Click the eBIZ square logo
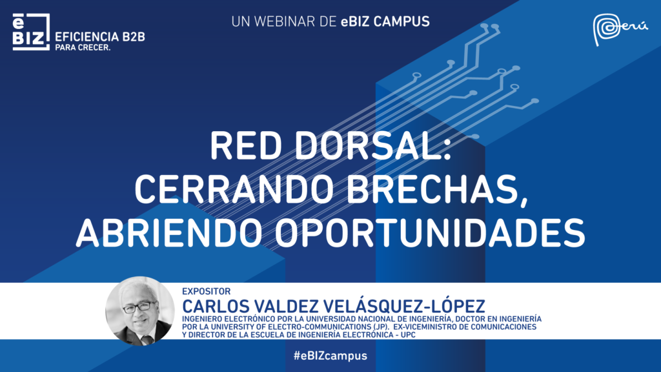point(31,32)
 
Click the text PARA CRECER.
point(83,48)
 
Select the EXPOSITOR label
point(206,291)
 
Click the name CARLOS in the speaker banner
point(216,306)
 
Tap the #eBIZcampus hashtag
point(330,356)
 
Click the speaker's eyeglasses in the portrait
point(139,307)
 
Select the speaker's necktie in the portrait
point(147,338)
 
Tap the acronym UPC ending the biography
point(408,335)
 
